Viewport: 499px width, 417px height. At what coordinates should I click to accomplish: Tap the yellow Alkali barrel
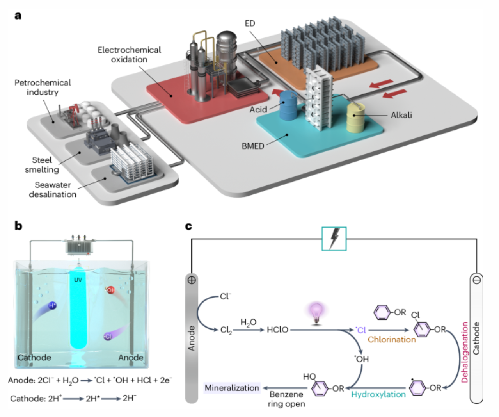pos(355,118)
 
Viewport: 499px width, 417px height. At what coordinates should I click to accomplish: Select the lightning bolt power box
pos(334,239)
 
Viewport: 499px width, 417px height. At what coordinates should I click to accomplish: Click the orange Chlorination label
pos(392,339)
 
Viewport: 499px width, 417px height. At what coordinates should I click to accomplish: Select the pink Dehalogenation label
pos(464,352)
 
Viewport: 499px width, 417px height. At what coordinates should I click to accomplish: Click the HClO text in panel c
pos(277,330)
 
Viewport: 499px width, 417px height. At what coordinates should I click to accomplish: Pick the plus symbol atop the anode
pos(192,280)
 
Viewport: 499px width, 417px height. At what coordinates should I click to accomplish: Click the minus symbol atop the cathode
pos(476,280)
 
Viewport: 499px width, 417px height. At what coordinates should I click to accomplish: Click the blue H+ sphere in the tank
pos(52,305)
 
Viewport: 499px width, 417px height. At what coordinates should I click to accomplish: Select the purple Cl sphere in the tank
pos(108,337)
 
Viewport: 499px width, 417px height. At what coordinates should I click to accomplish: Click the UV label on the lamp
pos(78,280)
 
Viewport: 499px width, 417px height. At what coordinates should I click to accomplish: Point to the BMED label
pos(253,146)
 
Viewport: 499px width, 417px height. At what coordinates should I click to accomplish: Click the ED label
pos(250,23)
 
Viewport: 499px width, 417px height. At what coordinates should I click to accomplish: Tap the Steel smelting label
pos(42,165)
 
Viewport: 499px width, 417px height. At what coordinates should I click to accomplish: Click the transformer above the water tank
pos(79,245)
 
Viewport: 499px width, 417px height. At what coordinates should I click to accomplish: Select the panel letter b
pos(18,226)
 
